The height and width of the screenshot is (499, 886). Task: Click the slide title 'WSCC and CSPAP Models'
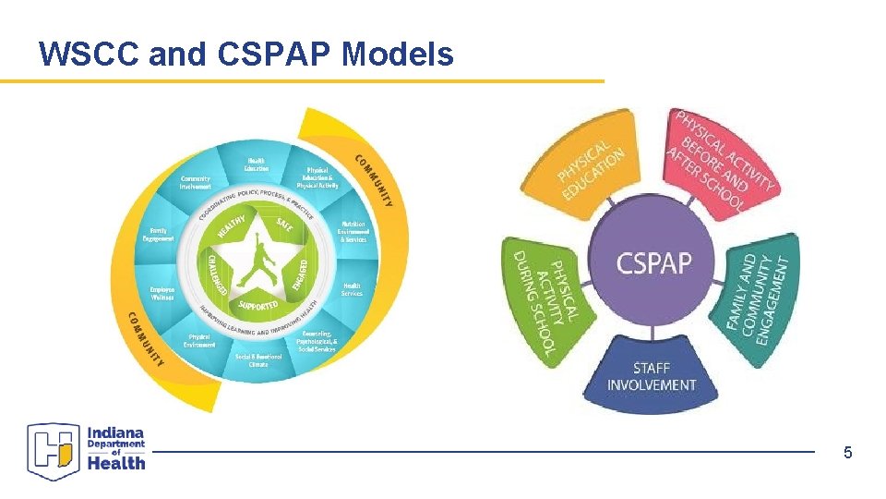(246, 55)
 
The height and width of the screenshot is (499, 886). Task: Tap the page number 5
(847, 453)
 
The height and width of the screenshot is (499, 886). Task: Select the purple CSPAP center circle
(653, 263)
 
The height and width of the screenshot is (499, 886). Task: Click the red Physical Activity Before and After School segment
(721, 162)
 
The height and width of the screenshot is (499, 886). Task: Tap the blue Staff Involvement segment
(652, 374)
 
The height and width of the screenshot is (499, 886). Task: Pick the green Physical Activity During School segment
(544, 296)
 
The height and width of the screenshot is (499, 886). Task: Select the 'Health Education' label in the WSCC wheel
(257, 164)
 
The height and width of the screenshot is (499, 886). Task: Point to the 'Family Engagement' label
(159, 235)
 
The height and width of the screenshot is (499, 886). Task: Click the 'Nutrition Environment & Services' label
(353, 232)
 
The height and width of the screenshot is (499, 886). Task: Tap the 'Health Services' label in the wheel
(352, 290)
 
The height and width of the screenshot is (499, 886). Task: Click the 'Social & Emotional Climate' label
(257, 360)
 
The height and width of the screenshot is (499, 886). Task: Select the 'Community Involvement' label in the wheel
(195, 183)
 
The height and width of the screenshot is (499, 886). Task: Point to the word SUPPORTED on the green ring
(257, 304)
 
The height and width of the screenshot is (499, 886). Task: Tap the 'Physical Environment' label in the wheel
(199, 341)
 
